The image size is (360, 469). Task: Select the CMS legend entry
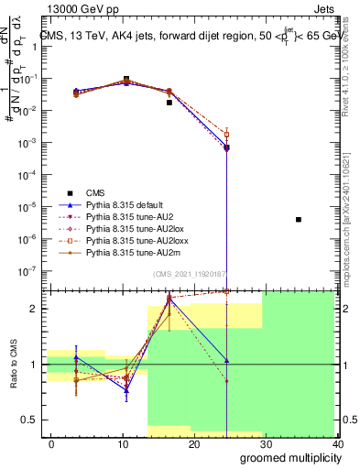pos(96,192)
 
